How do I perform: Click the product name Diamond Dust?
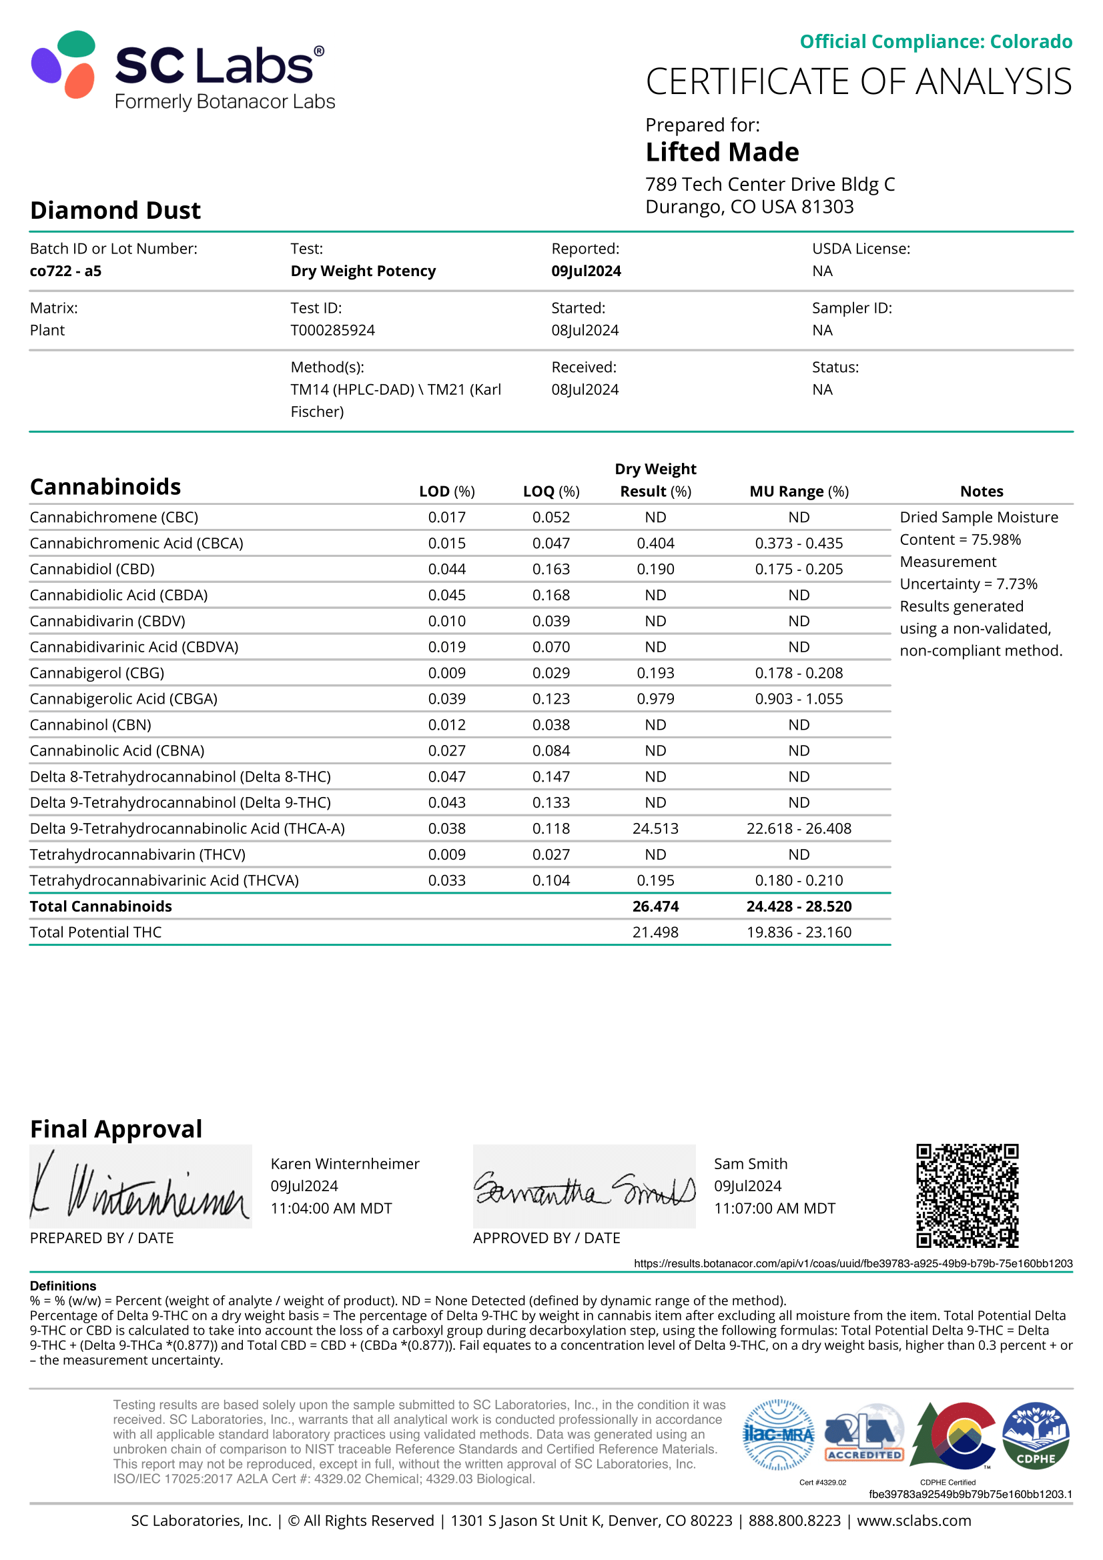[x=115, y=211]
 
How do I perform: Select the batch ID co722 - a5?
[x=65, y=271]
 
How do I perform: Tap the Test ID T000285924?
[x=332, y=330]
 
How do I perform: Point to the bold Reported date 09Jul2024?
[x=586, y=271]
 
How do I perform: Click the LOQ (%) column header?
[x=551, y=492]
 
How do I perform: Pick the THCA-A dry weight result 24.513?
[x=655, y=828]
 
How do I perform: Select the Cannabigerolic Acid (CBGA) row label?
[x=123, y=698]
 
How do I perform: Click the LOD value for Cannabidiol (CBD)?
[x=446, y=569]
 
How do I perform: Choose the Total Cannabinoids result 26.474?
[x=655, y=906]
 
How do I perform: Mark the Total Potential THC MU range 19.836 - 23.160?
[x=799, y=932]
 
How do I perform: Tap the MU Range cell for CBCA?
[x=799, y=543]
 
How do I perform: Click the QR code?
[x=967, y=1195]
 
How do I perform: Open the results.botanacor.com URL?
[x=853, y=1263]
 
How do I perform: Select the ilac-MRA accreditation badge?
[x=778, y=1435]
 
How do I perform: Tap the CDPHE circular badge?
[x=1036, y=1435]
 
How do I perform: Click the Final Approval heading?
[x=116, y=1129]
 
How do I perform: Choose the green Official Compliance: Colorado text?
[x=936, y=41]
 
